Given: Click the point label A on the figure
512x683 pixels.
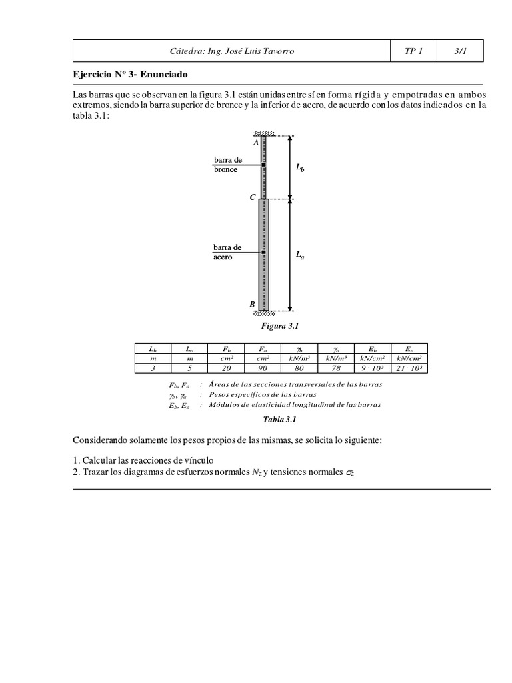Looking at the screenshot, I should click(x=256, y=143).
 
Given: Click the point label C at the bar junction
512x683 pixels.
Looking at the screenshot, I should click(x=252, y=198).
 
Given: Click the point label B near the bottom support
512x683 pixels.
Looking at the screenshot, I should click(x=252, y=305).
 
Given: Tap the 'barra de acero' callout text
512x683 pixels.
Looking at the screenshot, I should click(x=227, y=252).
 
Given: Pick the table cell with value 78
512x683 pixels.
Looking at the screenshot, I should click(x=335, y=368).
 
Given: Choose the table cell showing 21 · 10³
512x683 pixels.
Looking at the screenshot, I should click(x=408, y=368).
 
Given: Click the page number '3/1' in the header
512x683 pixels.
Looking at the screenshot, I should click(x=460, y=51).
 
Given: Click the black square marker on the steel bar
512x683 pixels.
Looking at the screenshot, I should click(x=264, y=253).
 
